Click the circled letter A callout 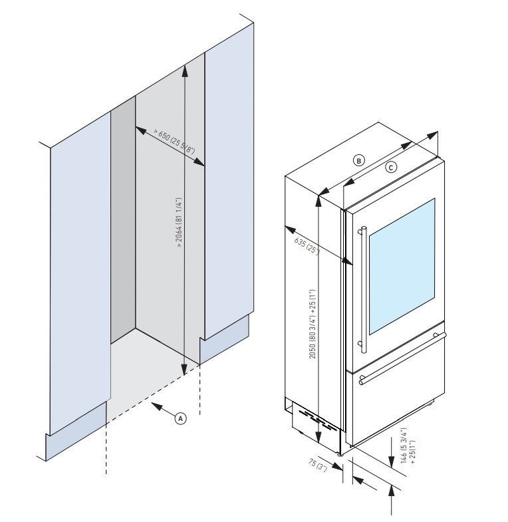coord(180,418)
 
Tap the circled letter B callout coord(358,160)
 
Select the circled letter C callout coord(391,167)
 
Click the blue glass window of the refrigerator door coord(400,266)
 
